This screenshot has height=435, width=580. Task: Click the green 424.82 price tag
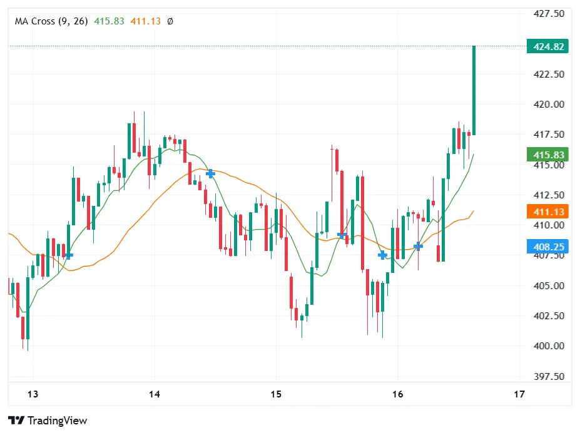click(547, 46)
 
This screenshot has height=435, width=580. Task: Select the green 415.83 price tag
click(547, 155)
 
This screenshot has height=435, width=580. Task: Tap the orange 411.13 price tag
click(547, 212)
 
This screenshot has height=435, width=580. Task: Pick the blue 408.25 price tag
click(547, 247)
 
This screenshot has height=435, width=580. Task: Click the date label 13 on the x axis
click(33, 394)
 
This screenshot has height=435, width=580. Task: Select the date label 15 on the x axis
click(276, 394)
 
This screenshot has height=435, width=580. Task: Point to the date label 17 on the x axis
click(519, 394)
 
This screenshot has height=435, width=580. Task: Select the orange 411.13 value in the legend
click(146, 21)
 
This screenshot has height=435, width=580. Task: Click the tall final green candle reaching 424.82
click(474, 90)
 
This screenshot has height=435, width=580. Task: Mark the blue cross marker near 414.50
click(211, 173)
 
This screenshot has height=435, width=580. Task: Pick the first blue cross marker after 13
click(68, 255)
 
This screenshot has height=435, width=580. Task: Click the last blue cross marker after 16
click(418, 247)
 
